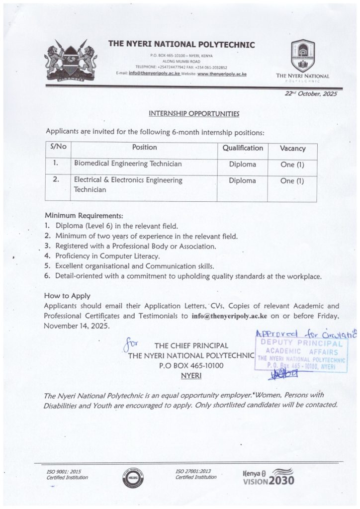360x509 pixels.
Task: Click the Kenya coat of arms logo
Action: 72,61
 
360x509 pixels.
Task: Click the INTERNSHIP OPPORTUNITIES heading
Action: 194,114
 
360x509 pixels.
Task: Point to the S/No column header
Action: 58,148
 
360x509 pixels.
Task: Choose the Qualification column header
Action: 242,148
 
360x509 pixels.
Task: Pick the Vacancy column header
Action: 292,148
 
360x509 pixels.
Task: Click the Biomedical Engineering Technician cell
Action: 128,164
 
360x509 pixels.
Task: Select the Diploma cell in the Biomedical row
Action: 242,164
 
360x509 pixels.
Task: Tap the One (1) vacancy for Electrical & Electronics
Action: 292,181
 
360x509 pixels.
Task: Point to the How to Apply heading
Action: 65,295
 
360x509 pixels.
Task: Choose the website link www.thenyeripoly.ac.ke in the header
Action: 222,74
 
